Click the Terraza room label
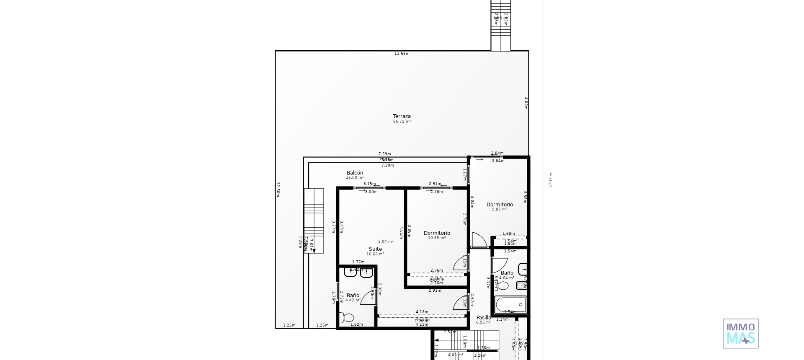[402, 116]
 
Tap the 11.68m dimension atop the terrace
[402, 54]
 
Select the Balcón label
[355, 173]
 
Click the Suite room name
[375, 249]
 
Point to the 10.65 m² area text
[436, 238]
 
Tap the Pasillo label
[484, 318]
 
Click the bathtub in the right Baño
[510, 304]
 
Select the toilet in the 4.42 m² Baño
[347, 318]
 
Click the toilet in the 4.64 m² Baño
[502, 285]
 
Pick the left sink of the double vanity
[350, 273]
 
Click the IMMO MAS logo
[740, 334]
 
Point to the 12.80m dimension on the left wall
[278, 189]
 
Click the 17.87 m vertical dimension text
[550, 180]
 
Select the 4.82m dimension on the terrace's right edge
[526, 103]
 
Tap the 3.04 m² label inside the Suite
[385, 242]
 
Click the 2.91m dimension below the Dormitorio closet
[435, 291]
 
